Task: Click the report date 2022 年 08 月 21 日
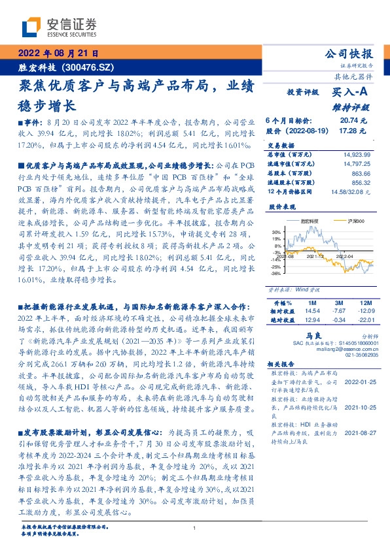[57, 54]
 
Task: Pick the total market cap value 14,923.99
[356, 153]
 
